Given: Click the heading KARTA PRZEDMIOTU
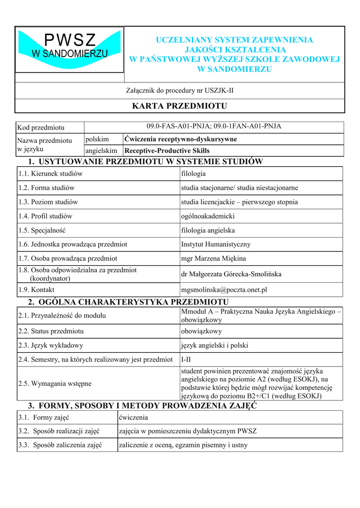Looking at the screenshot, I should (x=179, y=106).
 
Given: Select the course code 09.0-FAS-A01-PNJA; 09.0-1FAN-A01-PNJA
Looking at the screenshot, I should (x=214, y=127).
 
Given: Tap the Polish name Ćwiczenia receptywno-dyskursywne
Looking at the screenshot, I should (x=181, y=139).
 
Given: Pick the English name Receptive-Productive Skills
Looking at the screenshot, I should (x=167, y=151).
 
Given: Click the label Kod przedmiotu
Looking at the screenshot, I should (x=41, y=128).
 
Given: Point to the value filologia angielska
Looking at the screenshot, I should (x=208, y=230).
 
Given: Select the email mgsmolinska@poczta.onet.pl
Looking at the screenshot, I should (x=224, y=290).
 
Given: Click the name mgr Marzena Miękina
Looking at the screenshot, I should (x=214, y=258).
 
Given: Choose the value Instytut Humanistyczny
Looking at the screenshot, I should (x=216, y=244).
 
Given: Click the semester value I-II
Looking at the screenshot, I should (x=186, y=359).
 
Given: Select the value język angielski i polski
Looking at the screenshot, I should (x=215, y=345).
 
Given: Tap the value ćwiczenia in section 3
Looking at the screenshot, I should (x=134, y=417).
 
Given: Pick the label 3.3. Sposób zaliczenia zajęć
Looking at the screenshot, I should (x=60, y=445).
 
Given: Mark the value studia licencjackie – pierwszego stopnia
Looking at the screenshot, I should (x=239, y=202).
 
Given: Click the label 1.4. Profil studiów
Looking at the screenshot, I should (x=45, y=216).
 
